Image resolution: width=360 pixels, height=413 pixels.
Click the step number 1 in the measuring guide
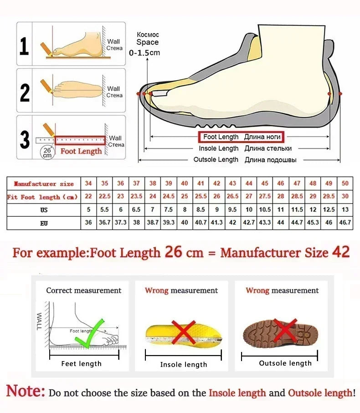pos(25,46)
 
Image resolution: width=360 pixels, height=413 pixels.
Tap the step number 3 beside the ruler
pos(25,139)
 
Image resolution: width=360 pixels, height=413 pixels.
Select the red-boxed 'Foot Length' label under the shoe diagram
pos(240,137)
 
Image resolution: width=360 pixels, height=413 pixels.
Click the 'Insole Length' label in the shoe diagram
pos(218,148)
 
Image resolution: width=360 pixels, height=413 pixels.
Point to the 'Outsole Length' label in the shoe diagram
pos(216,160)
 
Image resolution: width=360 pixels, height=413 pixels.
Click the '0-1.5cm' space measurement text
pos(144,53)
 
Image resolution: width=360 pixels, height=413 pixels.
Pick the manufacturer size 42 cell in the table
pos(217,184)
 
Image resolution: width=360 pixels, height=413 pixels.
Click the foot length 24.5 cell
pos(169,197)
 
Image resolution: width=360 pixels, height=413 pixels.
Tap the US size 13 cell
pos(345,210)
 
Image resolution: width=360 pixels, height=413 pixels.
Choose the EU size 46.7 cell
pos(345,223)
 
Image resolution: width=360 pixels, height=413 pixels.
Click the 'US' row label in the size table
pos(44,210)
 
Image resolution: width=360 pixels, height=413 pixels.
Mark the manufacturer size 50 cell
pos(345,184)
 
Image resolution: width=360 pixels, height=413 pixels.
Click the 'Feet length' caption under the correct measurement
pos(82,363)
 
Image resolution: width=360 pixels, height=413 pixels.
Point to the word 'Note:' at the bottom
pos(26,391)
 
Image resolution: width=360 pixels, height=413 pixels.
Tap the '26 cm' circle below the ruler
pos(47,153)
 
